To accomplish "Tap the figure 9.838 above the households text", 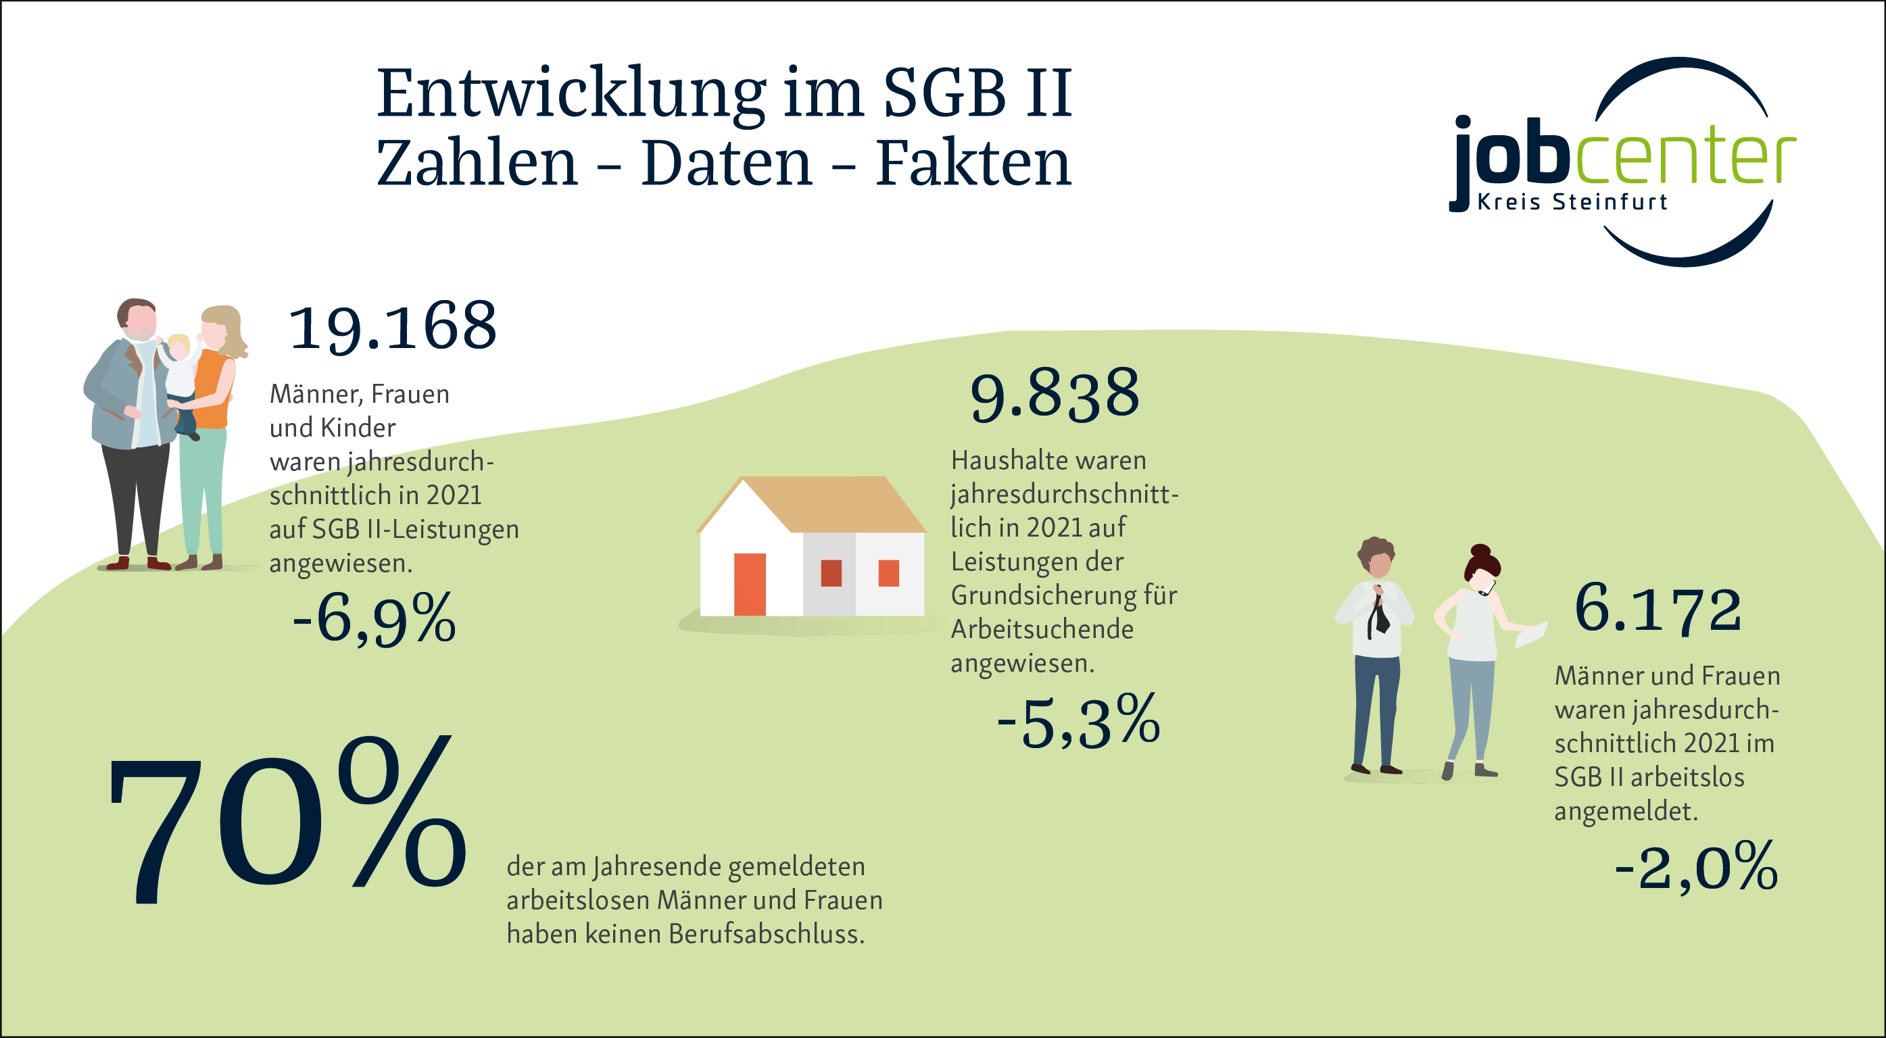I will tap(1055, 395).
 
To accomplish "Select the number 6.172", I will tap(1658, 609).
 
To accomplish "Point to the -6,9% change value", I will tap(374, 619).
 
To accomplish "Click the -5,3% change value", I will tap(1078, 722).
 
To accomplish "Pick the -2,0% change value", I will tap(1695, 867).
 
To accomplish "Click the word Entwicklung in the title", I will tap(571, 94).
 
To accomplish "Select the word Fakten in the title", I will tap(973, 164).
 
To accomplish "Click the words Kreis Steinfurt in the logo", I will tap(1572, 202).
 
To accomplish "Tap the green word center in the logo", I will tap(1685, 156).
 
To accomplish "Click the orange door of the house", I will tap(750, 584).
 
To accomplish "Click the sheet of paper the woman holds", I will tap(1531, 633).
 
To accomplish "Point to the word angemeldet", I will tap(1625, 811).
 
